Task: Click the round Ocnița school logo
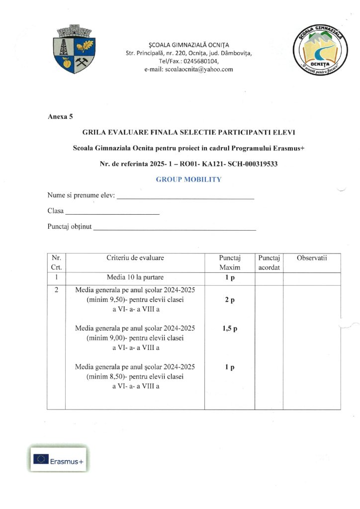(x=318, y=51)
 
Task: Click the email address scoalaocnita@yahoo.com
(x=188, y=70)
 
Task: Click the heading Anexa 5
(x=60, y=117)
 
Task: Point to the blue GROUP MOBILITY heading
(x=188, y=179)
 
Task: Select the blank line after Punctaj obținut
(x=175, y=229)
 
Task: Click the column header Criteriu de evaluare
(x=135, y=258)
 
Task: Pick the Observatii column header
(x=312, y=258)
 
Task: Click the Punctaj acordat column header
(x=269, y=263)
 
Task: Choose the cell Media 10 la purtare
(x=135, y=277)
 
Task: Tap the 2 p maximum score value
(x=229, y=300)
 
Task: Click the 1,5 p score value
(x=229, y=329)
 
